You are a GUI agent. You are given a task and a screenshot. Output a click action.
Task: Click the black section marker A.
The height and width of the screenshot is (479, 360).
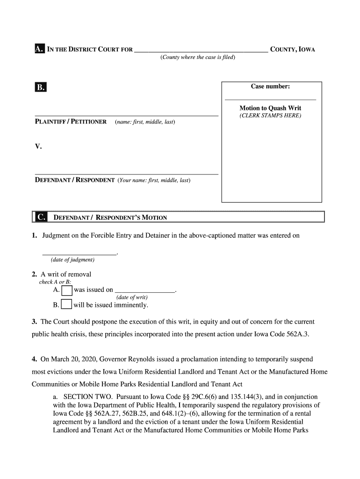pyautogui.click(x=39, y=49)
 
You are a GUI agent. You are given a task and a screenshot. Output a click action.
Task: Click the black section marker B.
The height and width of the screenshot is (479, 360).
pyautogui.click(x=40, y=87)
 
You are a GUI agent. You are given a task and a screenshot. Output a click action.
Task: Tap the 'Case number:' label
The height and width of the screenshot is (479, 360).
pyautogui.click(x=270, y=87)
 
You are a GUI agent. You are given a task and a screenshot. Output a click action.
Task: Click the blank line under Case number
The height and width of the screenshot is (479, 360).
pyautogui.click(x=270, y=99)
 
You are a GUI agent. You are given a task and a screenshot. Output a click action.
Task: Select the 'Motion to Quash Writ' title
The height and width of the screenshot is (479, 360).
pyautogui.click(x=270, y=108)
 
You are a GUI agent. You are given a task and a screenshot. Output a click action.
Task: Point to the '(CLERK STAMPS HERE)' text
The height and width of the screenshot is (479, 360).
pyautogui.click(x=270, y=116)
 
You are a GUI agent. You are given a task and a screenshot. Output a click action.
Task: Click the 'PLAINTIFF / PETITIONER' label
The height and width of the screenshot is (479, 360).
pyautogui.click(x=71, y=122)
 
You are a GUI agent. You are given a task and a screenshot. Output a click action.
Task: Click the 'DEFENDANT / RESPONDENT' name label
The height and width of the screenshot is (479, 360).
pyautogui.click(x=75, y=180)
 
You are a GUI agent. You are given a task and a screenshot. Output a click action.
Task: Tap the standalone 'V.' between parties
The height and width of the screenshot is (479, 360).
pyautogui.click(x=38, y=147)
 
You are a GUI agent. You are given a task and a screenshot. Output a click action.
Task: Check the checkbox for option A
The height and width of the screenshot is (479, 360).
pyautogui.click(x=67, y=290)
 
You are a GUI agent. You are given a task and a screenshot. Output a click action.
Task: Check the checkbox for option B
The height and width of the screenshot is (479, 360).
pyautogui.click(x=66, y=305)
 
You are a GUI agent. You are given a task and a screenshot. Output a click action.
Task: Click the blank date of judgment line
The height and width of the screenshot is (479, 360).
pyautogui.click(x=79, y=254)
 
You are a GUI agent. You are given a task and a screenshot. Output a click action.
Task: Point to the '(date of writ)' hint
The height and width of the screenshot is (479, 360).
pyautogui.click(x=132, y=298)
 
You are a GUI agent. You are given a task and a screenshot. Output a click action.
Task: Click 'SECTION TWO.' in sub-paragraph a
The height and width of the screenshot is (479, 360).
pyautogui.click(x=80, y=397)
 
